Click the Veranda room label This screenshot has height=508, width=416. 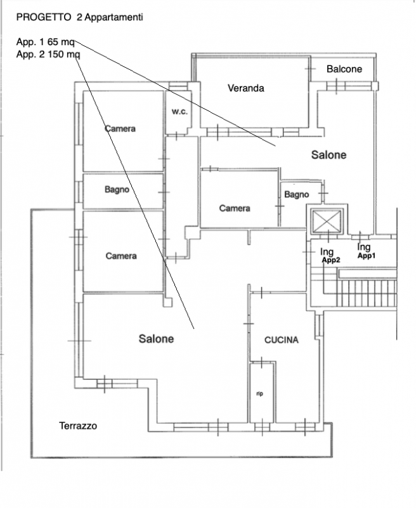[x=246, y=88]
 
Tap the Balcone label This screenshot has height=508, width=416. [x=344, y=69]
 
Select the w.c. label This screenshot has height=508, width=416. [x=179, y=112]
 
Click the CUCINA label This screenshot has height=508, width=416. [x=282, y=340]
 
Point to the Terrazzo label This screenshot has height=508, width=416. [x=78, y=425]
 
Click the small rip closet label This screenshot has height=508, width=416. [x=259, y=394]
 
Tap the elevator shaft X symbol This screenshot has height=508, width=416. [x=327, y=221]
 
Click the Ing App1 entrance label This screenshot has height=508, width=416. [x=366, y=251]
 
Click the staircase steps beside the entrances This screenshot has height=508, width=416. [x=367, y=293]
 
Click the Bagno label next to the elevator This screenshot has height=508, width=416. [x=296, y=194]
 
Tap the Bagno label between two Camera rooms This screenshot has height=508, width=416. [x=117, y=189]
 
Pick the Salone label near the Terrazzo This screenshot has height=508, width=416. [x=156, y=339]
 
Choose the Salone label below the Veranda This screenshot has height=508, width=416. [x=328, y=155]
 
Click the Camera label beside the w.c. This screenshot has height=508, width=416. [x=120, y=129]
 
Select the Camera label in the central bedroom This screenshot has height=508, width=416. [x=235, y=208]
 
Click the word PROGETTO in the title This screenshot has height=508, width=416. [x=44, y=17]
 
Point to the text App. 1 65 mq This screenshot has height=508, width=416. [x=45, y=42]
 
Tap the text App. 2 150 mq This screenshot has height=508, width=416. [x=48, y=54]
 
